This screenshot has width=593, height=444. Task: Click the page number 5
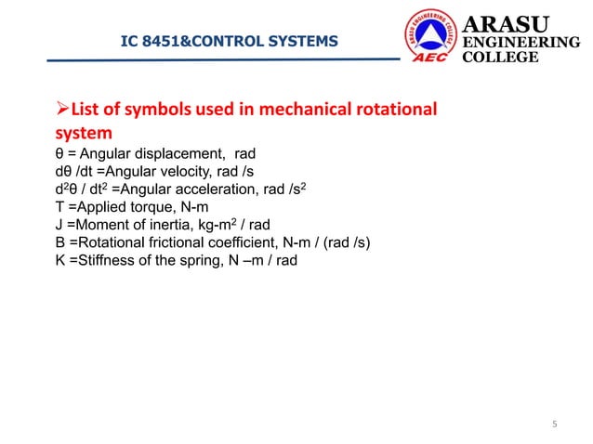554,425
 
